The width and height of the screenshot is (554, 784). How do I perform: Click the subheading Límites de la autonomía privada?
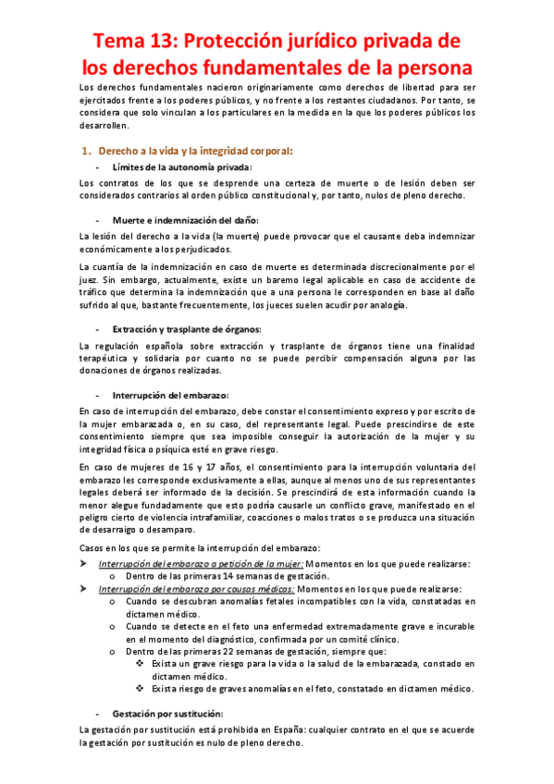click(181, 167)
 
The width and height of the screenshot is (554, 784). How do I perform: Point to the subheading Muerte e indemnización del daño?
click(185, 220)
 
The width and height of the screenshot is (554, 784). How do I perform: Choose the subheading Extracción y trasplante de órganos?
click(187, 329)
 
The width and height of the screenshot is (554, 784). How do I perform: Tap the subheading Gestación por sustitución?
click(168, 714)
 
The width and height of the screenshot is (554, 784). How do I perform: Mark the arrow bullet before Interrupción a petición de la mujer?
click(85, 563)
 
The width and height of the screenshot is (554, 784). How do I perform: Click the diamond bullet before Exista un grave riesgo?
click(139, 664)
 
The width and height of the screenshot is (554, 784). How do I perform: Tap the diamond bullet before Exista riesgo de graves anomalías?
click(139, 688)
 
